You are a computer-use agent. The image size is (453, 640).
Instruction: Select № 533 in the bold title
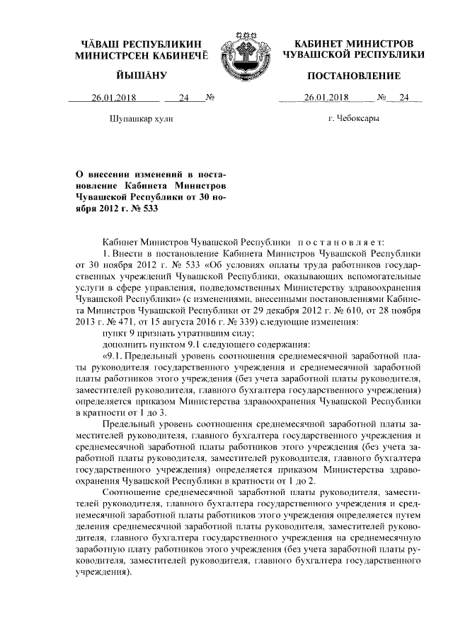[x=142, y=209]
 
